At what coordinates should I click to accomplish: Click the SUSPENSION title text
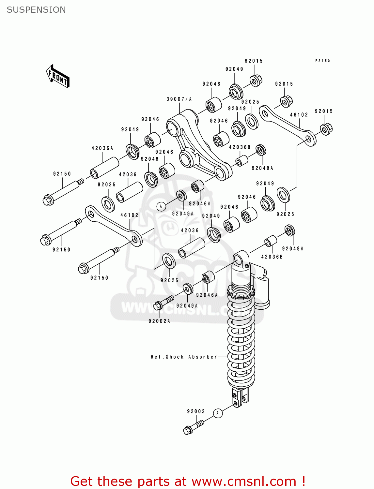(36, 10)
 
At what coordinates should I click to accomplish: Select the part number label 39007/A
(179, 99)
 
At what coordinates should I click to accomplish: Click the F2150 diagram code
(322, 61)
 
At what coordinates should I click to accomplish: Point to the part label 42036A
(102, 148)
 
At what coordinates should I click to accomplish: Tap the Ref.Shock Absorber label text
(184, 357)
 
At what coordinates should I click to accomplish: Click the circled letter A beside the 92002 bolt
(218, 413)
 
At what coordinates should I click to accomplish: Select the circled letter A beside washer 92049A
(161, 206)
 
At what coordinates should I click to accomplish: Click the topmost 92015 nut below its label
(256, 80)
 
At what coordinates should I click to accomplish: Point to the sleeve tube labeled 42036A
(104, 168)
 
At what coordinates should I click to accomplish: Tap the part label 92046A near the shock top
(207, 295)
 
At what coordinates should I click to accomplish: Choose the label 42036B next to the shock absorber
(272, 257)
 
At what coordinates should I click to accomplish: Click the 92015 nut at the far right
(326, 129)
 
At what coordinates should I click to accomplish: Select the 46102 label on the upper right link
(299, 115)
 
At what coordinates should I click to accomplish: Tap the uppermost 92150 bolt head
(48, 200)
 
